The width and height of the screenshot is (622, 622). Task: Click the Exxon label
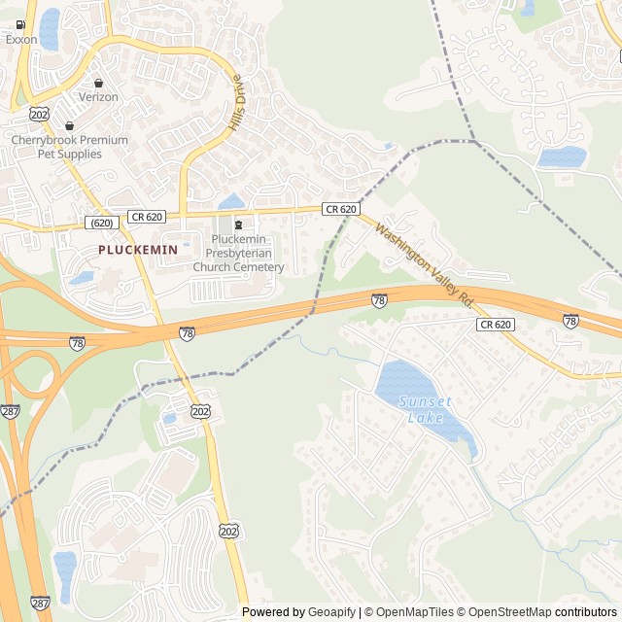20,40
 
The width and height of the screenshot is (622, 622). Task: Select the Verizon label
98,97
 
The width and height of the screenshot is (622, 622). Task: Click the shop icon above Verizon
98,83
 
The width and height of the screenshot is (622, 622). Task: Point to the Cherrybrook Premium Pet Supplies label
69,147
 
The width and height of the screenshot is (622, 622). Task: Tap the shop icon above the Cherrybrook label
69,125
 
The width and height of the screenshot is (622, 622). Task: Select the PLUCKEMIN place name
138,250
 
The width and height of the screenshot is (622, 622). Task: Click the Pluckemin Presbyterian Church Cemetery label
238,254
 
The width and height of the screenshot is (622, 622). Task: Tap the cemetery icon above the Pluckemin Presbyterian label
238,225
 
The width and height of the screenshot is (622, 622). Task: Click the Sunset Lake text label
426,409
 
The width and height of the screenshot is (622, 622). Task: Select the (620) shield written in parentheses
102,223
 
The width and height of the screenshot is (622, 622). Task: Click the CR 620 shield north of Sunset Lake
495,325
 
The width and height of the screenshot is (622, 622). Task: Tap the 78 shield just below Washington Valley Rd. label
379,301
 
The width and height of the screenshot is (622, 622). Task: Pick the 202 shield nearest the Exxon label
39,114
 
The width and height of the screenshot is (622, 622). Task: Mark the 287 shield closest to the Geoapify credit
40,603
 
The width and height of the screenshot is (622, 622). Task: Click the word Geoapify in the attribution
331,612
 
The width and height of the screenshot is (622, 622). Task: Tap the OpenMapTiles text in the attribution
414,612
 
